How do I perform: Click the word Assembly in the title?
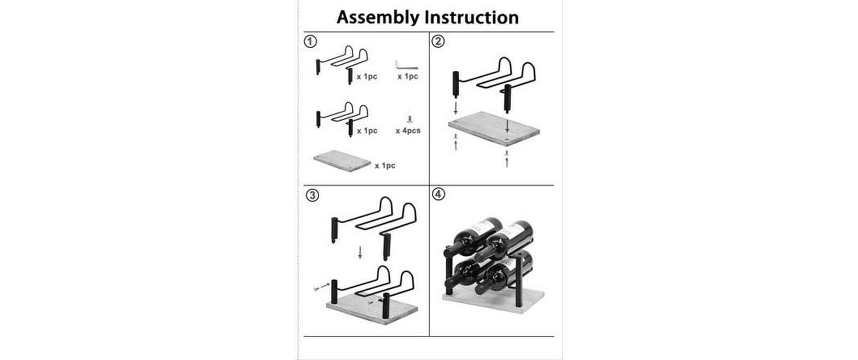tap(378, 18)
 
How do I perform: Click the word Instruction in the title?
tap(472, 17)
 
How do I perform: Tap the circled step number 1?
tap(310, 42)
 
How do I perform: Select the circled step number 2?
tap(438, 41)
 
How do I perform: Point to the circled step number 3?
tap(312, 195)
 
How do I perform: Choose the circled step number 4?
tap(438, 194)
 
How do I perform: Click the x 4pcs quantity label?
tap(408, 131)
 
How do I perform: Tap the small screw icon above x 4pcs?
tap(409, 119)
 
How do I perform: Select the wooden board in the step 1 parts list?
tap(342, 161)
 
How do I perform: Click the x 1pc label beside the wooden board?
tap(385, 165)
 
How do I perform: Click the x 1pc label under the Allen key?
tap(408, 76)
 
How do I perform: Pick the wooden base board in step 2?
tap(494, 129)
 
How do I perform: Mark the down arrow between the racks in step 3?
tap(360, 252)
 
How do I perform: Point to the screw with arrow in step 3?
tap(322, 287)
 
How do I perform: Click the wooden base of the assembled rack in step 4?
tap(494, 300)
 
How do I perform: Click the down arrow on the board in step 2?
tap(507, 126)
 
